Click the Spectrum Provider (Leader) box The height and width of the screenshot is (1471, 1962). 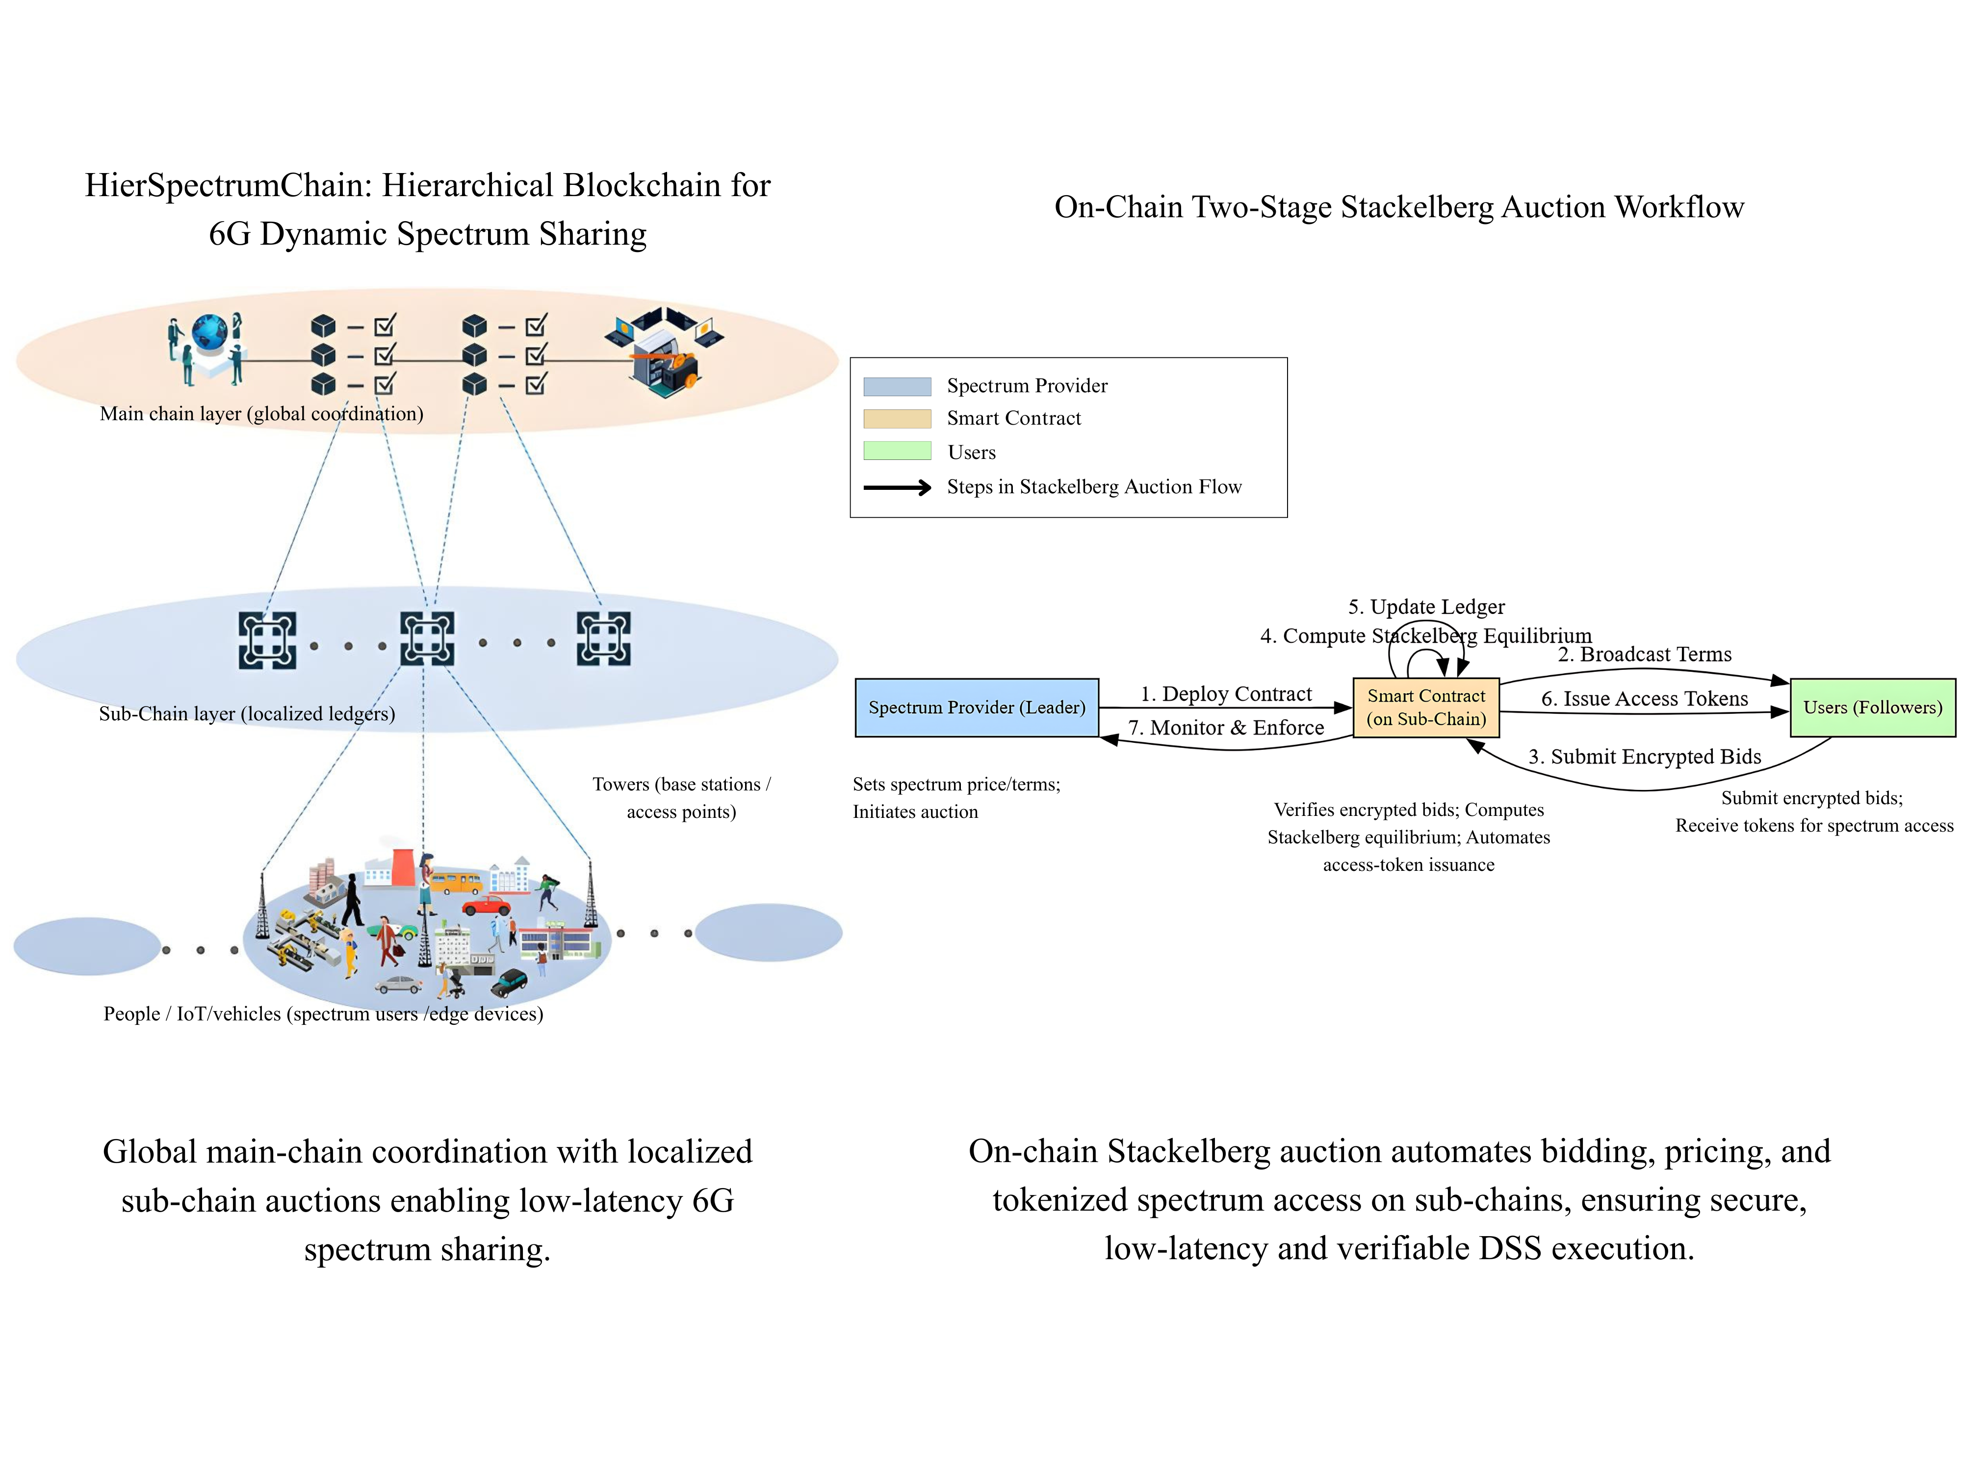click(x=977, y=708)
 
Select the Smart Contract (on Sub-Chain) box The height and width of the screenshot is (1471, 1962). click(x=1425, y=708)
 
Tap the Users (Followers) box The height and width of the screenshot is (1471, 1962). click(x=1872, y=708)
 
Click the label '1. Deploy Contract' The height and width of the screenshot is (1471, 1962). click(x=1226, y=693)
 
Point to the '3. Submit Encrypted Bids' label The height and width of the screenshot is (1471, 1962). click(x=1645, y=756)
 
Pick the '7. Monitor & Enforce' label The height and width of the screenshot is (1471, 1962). click(x=1226, y=728)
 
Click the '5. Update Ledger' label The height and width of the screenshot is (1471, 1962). click(x=1426, y=607)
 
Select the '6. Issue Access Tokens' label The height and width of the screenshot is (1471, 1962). click(x=1645, y=699)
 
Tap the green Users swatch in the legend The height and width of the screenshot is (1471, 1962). click(x=897, y=451)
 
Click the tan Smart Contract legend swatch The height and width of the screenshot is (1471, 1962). click(x=897, y=419)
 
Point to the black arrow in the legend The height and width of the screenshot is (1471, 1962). click(x=897, y=487)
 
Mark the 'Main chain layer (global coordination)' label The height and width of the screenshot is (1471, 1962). click(x=261, y=413)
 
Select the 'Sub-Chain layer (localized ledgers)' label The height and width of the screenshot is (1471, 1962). click(x=247, y=714)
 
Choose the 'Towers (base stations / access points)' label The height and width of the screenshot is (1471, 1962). click(x=681, y=798)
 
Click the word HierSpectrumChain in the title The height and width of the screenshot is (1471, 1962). click(x=229, y=185)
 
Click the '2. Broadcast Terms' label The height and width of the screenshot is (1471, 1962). click(x=1645, y=655)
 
